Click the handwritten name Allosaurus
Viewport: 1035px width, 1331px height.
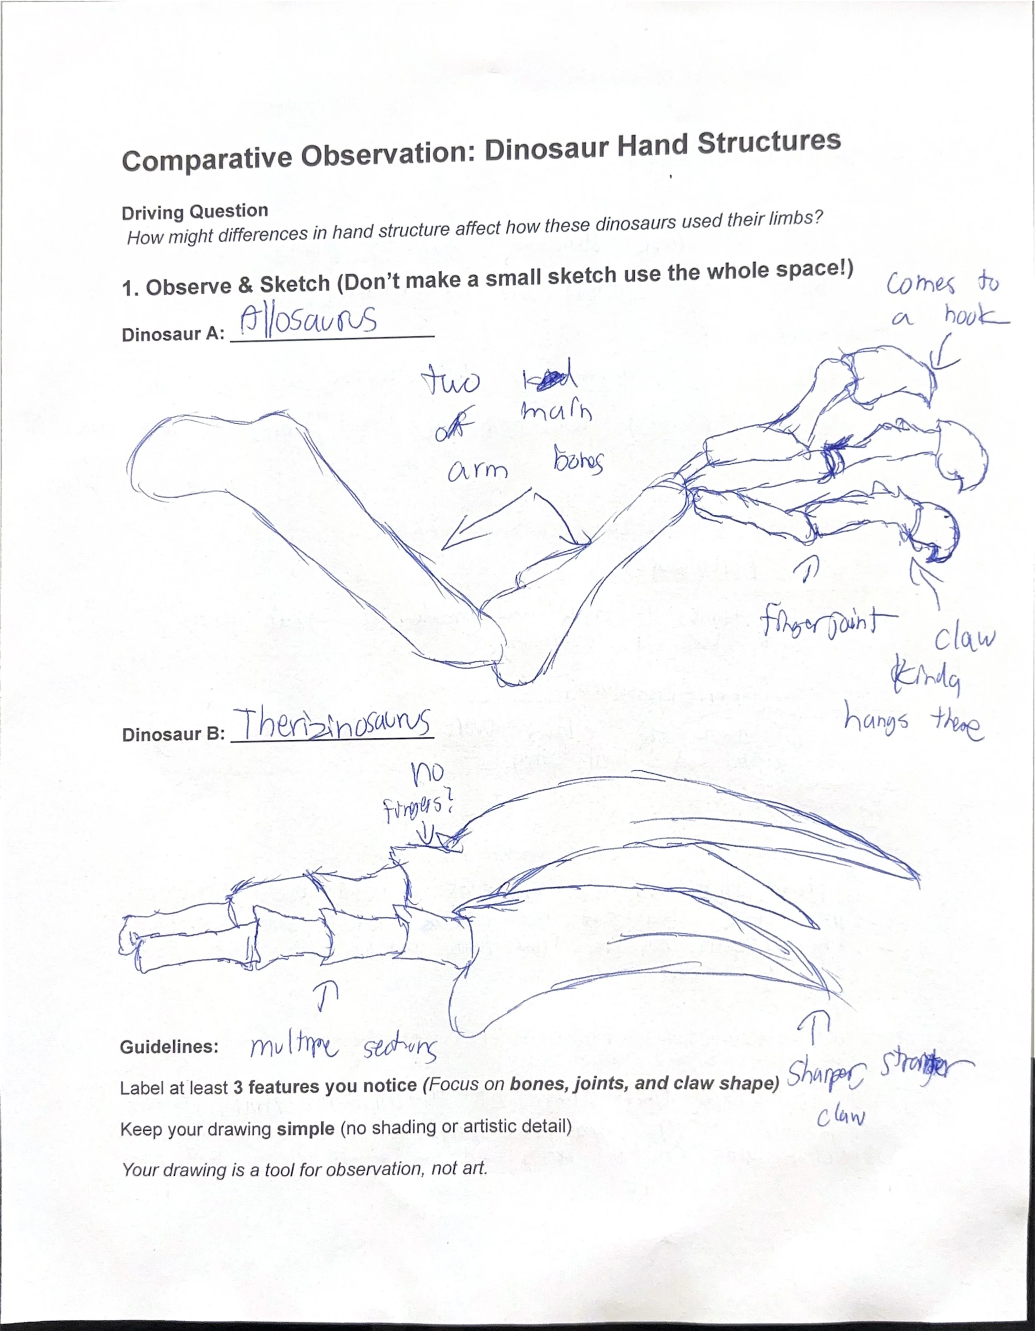pyautogui.click(x=308, y=320)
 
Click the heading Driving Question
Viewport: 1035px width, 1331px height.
pyautogui.click(x=195, y=212)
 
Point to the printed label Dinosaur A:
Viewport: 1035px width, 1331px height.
pyautogui.click(x=173, y=335)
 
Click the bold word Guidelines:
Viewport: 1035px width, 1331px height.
pyautogui.click(x=169, y=1047)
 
